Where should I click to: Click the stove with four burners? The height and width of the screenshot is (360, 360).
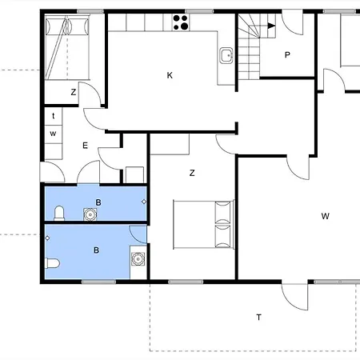coord(181,22)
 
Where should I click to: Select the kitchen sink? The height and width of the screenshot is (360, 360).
coord(226,55)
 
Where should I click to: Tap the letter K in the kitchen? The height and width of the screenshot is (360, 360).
coord(170,75)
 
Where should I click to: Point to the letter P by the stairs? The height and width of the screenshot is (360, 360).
coord(287,55)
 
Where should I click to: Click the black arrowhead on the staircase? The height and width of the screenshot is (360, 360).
coord(271,26)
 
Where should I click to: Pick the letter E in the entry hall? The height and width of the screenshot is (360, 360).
coord(85,146)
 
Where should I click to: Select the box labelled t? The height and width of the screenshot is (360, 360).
coord(54,116)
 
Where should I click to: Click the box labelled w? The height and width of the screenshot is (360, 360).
coord(54,134)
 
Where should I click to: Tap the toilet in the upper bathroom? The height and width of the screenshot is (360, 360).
coord(59,214)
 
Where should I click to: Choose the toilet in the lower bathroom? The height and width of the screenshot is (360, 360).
coord(52,263)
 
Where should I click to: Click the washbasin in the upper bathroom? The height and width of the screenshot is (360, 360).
coord(90,214)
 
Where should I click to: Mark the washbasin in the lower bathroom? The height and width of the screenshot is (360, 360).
coord(138,259)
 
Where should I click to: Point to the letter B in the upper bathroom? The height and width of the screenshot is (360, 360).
coord(98,202)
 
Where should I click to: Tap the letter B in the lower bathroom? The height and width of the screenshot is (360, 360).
coord(96,250)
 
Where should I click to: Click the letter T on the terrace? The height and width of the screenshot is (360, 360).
coord(258,318)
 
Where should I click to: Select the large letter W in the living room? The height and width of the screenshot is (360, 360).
coord(325,216)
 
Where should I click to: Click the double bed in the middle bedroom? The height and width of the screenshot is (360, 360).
coord(204,224)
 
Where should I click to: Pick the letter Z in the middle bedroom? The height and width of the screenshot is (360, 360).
coord(192,173)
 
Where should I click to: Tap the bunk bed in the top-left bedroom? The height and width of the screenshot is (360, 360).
coord(67,47)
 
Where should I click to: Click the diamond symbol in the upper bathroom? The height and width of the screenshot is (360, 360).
coord(144,202)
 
